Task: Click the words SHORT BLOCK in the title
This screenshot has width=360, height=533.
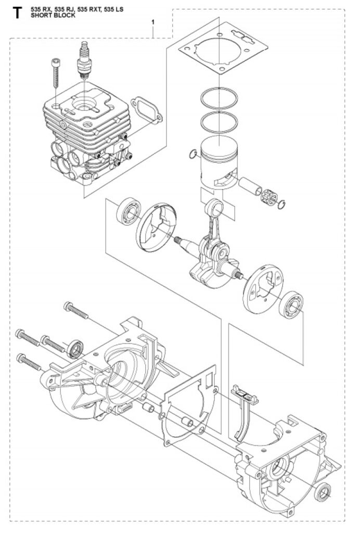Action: point(53,15)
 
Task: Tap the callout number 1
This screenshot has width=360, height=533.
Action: point(153,22)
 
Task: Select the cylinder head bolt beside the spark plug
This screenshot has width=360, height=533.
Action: point(56,73)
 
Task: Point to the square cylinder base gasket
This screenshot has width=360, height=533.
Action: point(223,48)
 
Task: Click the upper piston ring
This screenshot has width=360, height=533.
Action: point(219,98)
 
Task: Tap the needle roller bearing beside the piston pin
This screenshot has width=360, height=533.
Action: point(269,197)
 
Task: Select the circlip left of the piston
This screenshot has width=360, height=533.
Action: point(192,155)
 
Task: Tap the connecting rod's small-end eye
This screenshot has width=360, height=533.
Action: point(214,207)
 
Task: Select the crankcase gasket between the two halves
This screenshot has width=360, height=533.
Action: point(190,403)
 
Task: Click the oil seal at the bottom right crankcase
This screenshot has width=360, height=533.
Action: point(323,492)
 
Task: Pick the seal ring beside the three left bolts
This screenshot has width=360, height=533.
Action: point(75,349)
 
